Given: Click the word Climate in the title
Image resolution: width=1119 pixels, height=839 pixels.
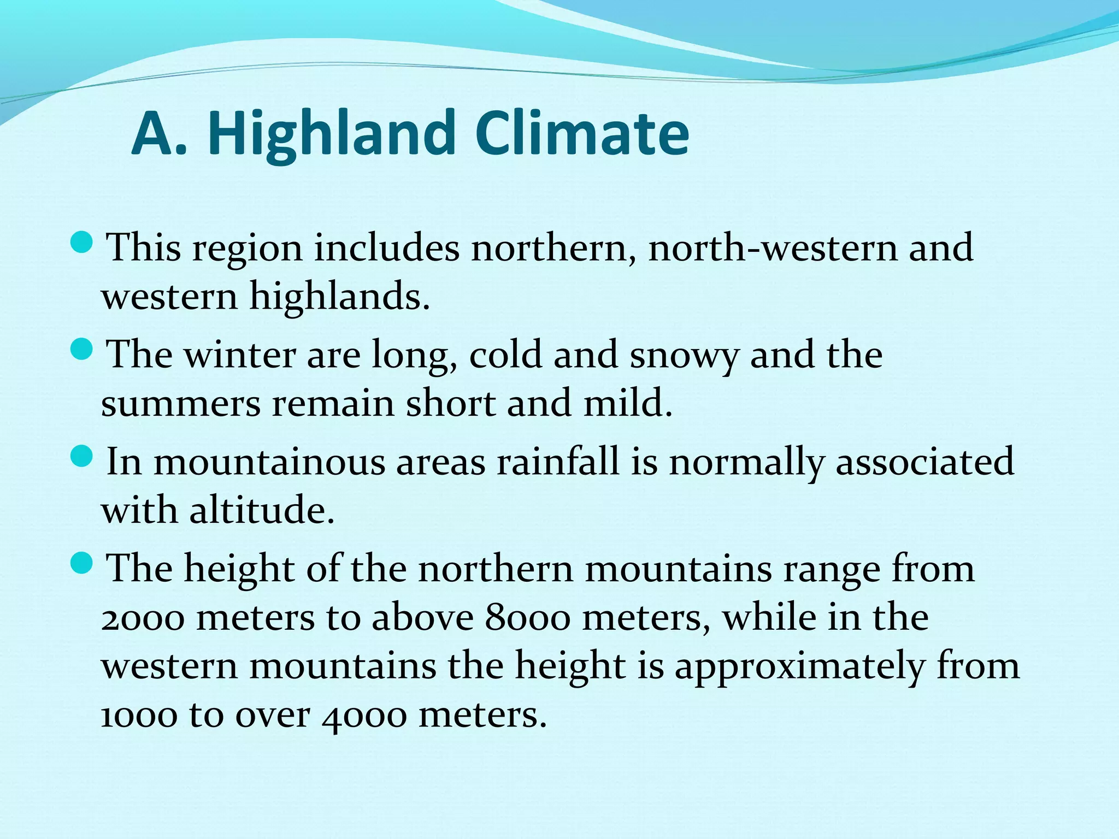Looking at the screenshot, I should point(582,134).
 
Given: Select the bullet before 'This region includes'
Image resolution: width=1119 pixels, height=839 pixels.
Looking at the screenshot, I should point(83,242).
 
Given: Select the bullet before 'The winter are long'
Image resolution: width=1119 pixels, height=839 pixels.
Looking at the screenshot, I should point(83,349).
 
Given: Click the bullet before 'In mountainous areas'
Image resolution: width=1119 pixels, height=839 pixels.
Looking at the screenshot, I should point(83,456).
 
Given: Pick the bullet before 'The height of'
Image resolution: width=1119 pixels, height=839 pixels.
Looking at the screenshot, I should point(83,563).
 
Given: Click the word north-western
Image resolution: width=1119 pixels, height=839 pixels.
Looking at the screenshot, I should point(773,247).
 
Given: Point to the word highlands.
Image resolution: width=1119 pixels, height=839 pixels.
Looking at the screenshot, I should point(339,297).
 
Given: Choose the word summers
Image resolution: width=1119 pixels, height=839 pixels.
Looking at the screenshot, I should point(181,404).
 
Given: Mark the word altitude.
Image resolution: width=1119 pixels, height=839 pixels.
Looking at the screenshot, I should point(262,510).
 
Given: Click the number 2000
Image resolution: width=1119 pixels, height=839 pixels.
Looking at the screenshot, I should point(143,618).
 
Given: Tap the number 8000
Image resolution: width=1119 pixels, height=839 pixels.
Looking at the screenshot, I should point(528,618).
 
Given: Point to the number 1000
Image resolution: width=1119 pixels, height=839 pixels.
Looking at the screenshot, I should point(139,715).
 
